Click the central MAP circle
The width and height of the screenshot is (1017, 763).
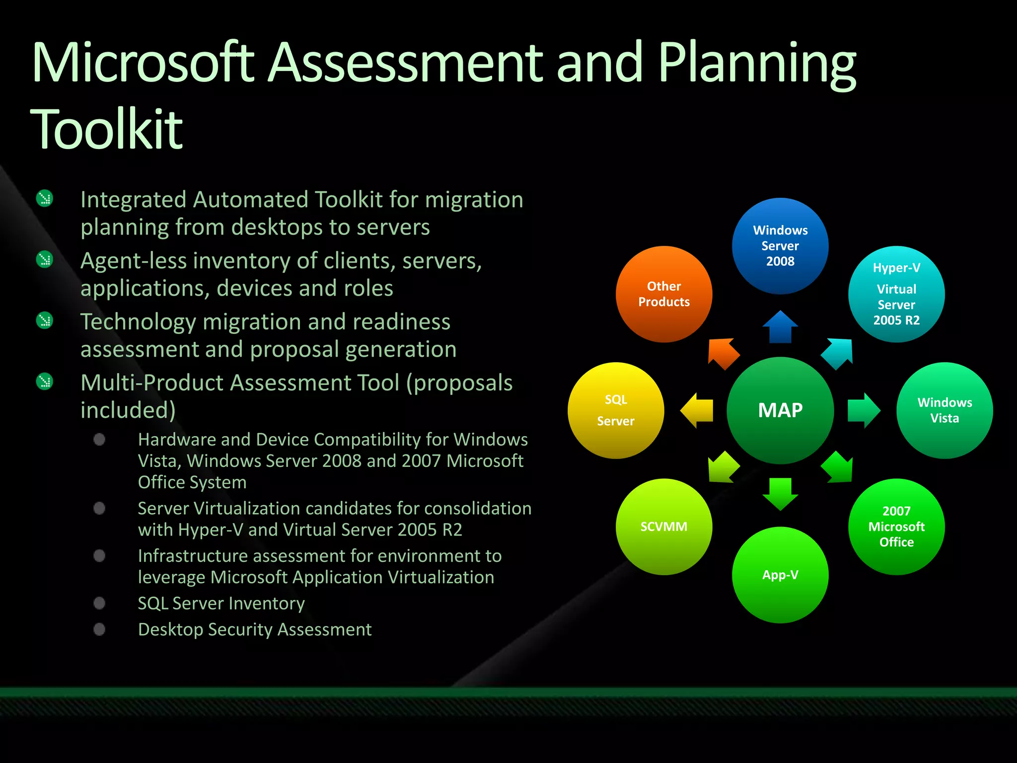[x=780, y=410]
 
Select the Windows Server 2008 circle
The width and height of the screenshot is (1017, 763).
[x=780, y=246]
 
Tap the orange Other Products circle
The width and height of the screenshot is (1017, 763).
[x=664, y=294]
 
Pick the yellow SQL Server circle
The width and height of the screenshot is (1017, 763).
[x=616, y=410]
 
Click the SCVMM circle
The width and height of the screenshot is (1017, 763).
[x=664, y=527]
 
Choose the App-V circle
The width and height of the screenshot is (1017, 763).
[x=780, y=575]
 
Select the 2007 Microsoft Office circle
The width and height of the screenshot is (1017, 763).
[x=896, y=527]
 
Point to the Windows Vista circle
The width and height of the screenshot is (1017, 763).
[x=944, y=410]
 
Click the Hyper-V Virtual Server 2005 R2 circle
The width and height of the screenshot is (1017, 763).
[x=896, y=294]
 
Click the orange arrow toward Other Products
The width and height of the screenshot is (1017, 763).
[x=723, y=353]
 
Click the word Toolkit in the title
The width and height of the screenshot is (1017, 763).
[x=106, y=129]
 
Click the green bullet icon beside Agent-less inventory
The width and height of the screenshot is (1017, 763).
[x=45, y=259]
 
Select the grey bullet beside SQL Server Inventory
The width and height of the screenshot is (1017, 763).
[x=99, y=603]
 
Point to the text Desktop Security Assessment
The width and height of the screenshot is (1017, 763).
[x=254, y=629]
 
